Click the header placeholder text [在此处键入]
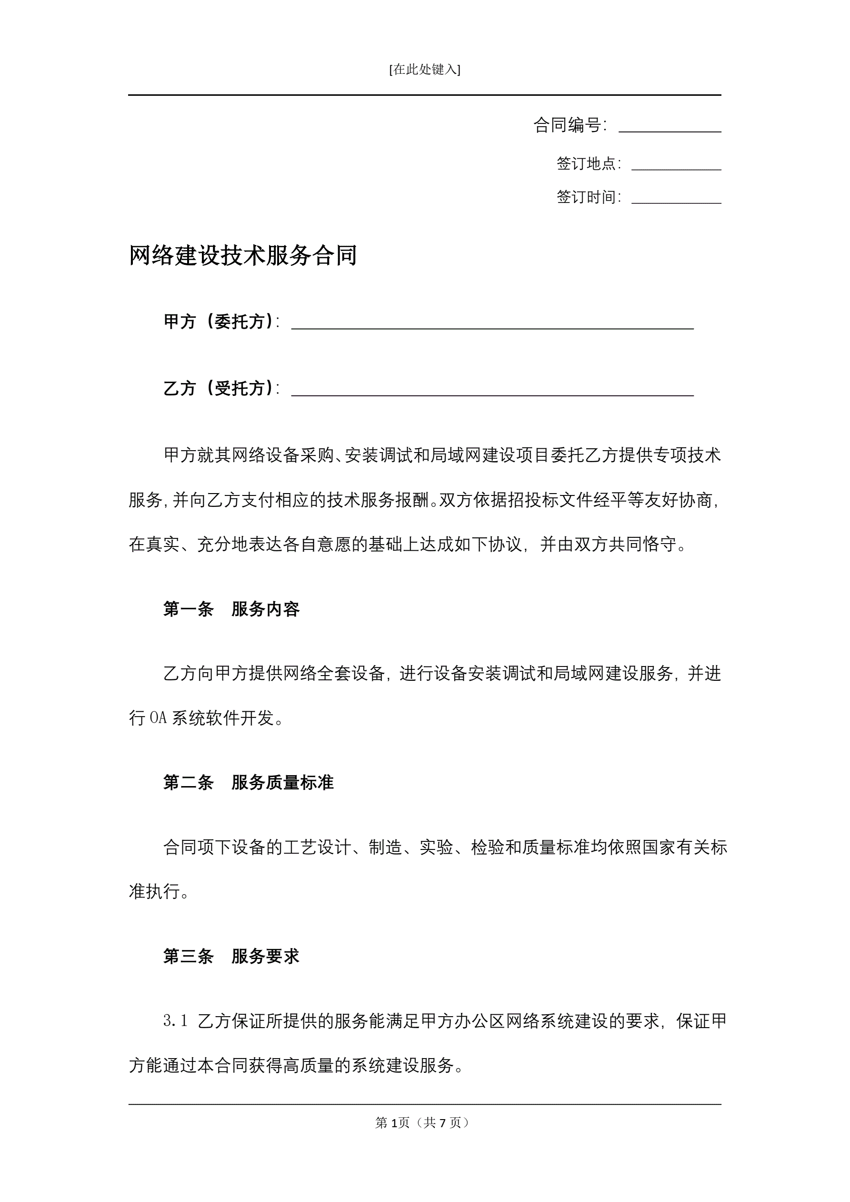(x=424, y=70)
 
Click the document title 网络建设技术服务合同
(x=243, y=256)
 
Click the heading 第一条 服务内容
(x=231, y=609)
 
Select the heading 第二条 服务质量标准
(x=248, y=783)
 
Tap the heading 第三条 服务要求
(x=231, y=957)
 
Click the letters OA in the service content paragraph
(x=158, y=718)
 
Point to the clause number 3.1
(x=175, y=1021)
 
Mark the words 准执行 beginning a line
(x=154, y=891)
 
